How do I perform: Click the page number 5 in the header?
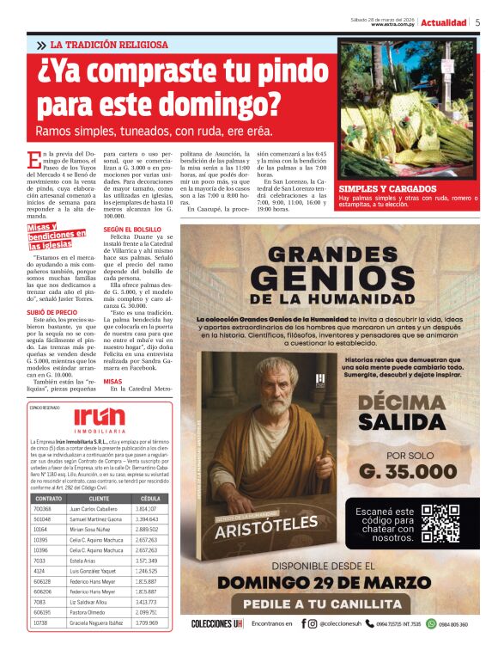tap(477, 22)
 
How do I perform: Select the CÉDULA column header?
tap(149, 498)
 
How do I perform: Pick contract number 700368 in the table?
tap(41, 508)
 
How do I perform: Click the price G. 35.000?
tap(409, 471)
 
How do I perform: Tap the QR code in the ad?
tap(440, 524)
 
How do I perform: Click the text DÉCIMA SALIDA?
tap(408, 413)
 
